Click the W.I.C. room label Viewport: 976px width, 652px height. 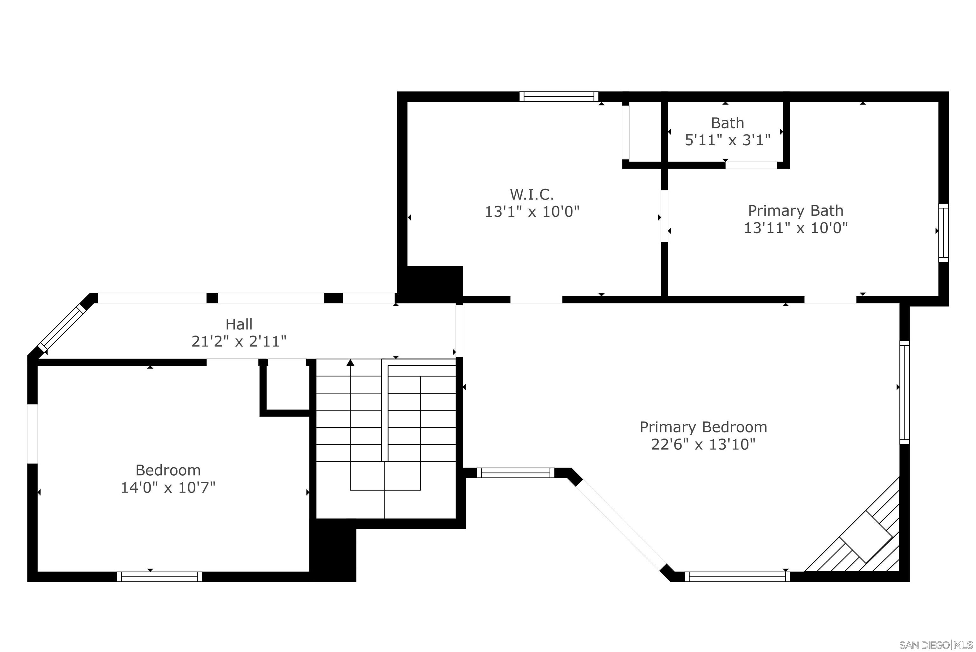click(532, 194)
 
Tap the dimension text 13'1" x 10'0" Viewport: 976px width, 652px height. click(532, 212)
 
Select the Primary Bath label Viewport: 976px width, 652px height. click(795, 210)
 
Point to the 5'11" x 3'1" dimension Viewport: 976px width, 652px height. click(728, 140)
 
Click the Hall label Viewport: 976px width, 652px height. click(239, 324)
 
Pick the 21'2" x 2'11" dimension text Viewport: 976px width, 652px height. click(239, 341)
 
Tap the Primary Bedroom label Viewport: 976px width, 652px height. click(703, 427)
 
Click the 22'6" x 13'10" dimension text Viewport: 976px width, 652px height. click(703, 445)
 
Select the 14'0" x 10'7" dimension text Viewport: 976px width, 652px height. click(168, 487)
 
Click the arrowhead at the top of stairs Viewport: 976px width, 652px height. click(350, 363)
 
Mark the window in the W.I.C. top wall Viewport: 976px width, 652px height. click(559, 97)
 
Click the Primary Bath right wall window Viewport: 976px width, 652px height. click(943, 233)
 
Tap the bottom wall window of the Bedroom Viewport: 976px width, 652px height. click(159, 576)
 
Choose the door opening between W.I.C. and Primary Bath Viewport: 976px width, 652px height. click(664, 216)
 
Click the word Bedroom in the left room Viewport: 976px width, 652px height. click(168, 470)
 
